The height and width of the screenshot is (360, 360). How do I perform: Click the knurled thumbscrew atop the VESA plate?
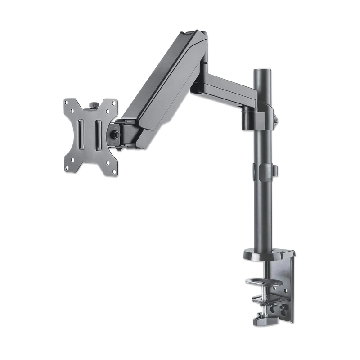(94, 105)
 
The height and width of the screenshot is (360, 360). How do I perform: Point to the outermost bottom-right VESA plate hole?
(114, 171)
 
